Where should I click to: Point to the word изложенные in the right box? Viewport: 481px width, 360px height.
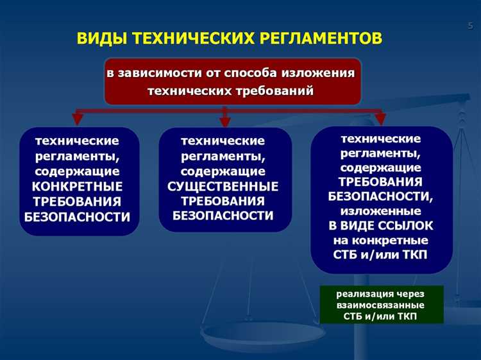(x=381, y=210)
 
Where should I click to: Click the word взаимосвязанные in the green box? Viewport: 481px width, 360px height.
(x=381, y=306)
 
